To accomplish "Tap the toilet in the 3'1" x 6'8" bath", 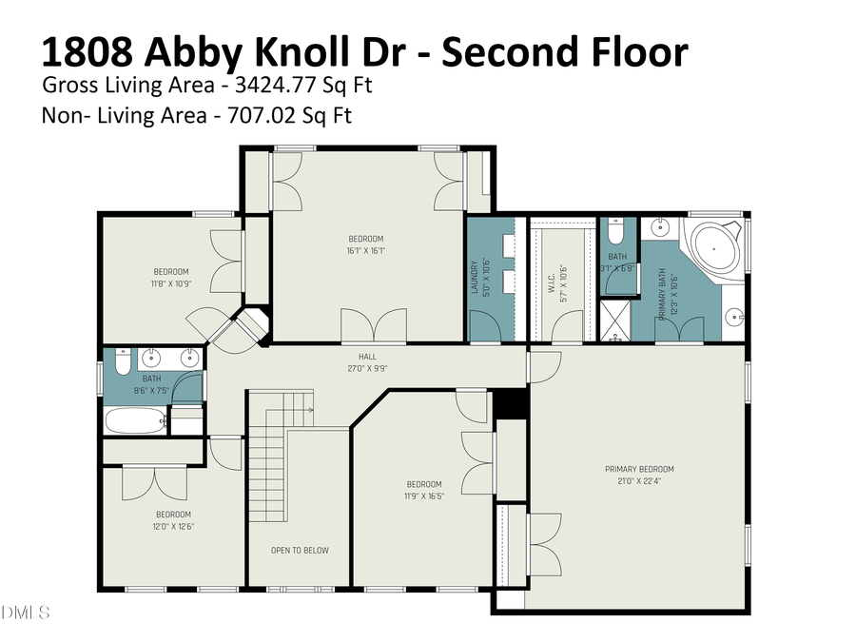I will point(615,231).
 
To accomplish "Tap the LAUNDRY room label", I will point(474,277).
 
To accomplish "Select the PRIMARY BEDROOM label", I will point(639,469).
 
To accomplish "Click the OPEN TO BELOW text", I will point(300,550).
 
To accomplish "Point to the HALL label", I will point(354,357).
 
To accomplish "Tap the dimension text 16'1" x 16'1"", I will point(365,251).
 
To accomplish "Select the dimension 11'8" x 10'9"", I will point(171,283).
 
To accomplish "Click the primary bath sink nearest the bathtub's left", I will point(658,226).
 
